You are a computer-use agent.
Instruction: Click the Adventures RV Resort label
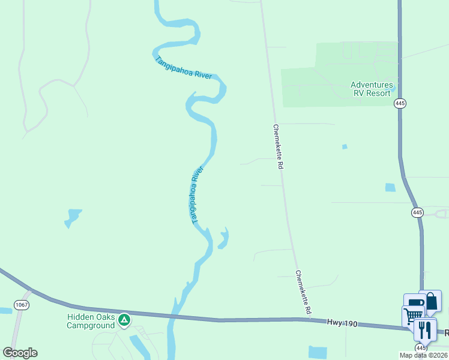372,89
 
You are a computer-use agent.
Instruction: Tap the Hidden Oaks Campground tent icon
124,320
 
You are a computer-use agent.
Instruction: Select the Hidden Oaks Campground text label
91,321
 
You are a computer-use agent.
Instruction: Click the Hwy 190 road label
342,323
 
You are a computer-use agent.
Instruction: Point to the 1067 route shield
21,305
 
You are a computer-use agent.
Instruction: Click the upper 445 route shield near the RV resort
400,104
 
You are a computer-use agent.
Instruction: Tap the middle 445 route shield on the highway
418,212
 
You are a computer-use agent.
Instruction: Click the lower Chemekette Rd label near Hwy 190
303,293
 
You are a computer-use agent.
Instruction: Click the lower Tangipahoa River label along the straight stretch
198,195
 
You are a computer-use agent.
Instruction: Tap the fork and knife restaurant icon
425,330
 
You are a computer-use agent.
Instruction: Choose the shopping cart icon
412,316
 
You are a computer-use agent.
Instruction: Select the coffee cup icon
414,304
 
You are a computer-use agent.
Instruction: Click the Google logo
20,353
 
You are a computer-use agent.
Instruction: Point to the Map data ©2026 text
423,355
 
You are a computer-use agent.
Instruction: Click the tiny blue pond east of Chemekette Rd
345,146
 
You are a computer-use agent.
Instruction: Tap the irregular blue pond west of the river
72,218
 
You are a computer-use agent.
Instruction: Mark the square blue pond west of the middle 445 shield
390,187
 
